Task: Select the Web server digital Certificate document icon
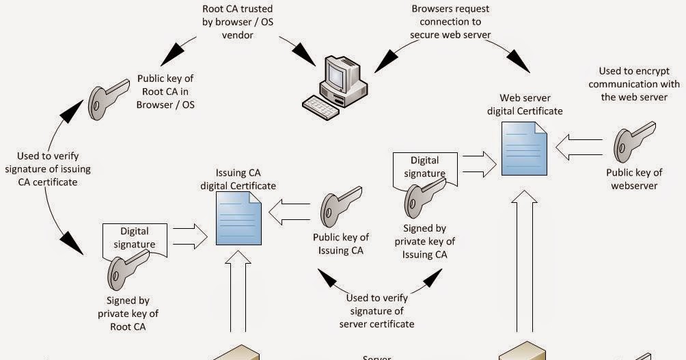pos(525,148)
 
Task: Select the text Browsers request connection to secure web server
pos(450,22)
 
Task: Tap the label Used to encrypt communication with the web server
pos(634,84)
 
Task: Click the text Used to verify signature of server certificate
pos(376,310)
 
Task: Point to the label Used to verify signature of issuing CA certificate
pos(47,169)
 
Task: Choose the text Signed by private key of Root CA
pos(128,313)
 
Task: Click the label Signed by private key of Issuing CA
pos(424,241)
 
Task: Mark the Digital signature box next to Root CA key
pos(135,237)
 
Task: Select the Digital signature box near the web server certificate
pos(424,167)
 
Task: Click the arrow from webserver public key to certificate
pos(579,146)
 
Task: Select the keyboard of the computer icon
pos(322,105)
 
